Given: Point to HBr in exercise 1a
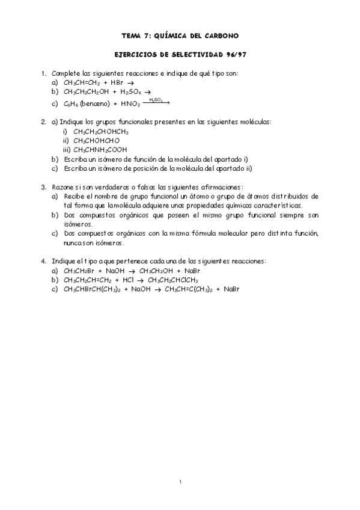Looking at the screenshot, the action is (x=117, y=82).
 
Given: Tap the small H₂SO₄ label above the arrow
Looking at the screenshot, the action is (x=156, y=99).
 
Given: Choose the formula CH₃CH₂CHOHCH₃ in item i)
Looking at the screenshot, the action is (x=101, y=131).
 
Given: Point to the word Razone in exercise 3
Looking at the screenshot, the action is (x=64, y=187).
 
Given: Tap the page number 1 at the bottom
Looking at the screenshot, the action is (x=180, y=482).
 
